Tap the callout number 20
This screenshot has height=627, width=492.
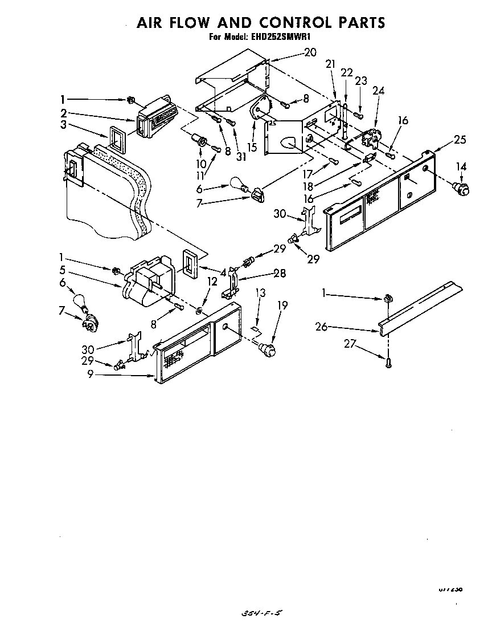click(x=310, y=52)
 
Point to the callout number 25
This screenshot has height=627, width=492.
click(x=460, y=139)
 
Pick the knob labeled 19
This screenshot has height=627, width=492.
click(x=266, y=347)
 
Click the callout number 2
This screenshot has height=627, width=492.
click(x=63, y=112)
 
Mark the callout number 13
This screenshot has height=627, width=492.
click(x=260, y=293)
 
